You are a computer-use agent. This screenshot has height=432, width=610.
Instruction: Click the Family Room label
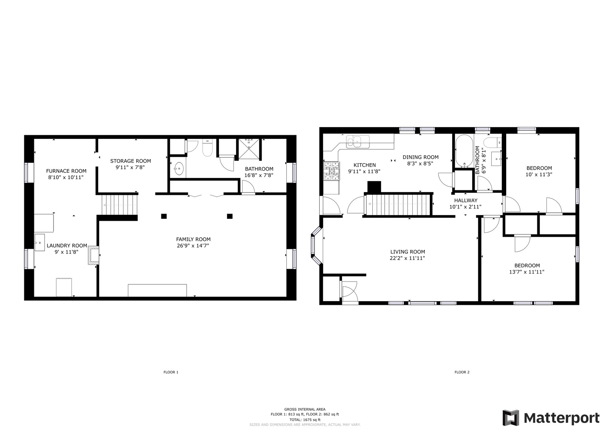193,239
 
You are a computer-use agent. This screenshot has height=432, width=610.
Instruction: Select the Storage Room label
131,161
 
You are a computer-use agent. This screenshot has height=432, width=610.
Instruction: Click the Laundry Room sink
40,242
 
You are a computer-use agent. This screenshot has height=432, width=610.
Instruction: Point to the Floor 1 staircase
119,205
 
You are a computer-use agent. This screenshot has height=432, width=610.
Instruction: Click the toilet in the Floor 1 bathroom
207,148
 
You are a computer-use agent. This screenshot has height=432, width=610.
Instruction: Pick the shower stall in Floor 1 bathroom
249,149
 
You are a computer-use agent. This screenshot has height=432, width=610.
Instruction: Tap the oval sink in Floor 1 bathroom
179,168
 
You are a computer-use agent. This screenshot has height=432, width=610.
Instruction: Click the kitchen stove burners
332,171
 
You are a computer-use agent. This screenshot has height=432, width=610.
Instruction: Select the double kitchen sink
358,142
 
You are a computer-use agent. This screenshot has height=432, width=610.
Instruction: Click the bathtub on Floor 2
464,151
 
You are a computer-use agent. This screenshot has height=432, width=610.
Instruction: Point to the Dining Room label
421,157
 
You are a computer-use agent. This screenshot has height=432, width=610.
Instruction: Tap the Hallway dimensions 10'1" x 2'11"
465,207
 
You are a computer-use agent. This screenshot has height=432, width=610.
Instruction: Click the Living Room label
407,252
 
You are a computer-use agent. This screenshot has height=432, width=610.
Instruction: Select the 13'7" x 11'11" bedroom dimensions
527,272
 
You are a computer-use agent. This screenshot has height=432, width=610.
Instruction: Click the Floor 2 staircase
397,204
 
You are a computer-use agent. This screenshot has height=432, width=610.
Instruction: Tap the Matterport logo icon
511,418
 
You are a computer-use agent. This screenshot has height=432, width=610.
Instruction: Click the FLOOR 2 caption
462,372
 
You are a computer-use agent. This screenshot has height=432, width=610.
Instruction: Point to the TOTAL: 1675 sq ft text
305,420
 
